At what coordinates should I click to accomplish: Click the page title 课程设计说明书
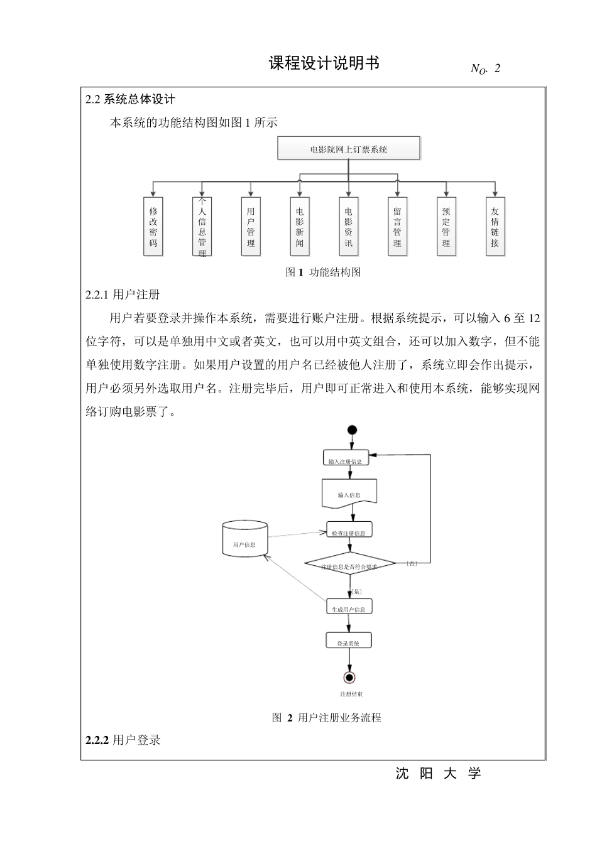coord(324,63)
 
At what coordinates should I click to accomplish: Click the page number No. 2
coord(485,69)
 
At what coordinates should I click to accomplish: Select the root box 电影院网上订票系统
coord(349,149)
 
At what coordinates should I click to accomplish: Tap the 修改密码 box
coord(153,227)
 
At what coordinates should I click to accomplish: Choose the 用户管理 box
coord(251,227)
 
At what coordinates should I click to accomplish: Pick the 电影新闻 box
coord(300,227)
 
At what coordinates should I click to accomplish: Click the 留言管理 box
coord(397,227)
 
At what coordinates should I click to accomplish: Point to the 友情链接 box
coord(495,227)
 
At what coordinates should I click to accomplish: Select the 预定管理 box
coord(446,227)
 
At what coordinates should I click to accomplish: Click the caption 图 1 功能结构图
coord(323,273)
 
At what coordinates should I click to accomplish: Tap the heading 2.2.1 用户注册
coord(123,295)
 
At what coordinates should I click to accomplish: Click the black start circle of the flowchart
coord(352,430)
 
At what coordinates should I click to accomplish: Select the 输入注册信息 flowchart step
coord(346,458)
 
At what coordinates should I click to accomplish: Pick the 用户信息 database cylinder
coord(244,539)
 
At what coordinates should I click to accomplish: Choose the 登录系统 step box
coord(349,641)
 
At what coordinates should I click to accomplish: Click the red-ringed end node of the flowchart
coord(349,677)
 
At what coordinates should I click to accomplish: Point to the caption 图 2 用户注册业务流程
coord(326,718)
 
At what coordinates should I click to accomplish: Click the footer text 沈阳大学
coord(438,774)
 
